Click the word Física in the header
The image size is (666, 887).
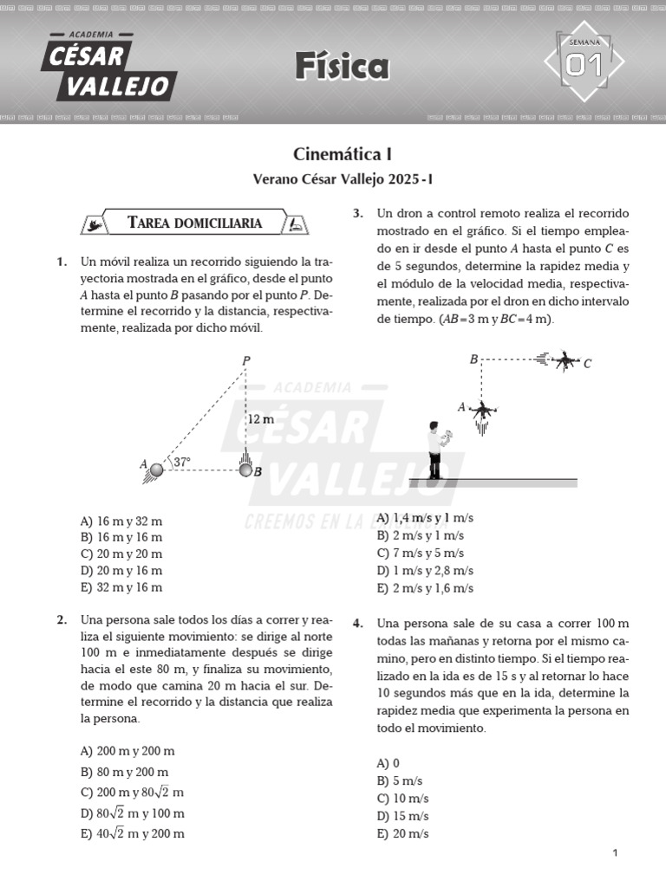coord(341,66)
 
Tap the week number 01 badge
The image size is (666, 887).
coord(584,64)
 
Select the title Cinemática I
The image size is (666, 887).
coord(343,154)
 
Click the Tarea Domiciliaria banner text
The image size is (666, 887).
coord(194,223)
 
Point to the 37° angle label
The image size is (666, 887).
coord(182,462)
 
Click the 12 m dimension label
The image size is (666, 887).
coord(261,419)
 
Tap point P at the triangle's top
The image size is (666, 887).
coord(246,360)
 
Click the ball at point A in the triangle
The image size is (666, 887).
coord(157,470)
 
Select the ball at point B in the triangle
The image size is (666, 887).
coord(245,470)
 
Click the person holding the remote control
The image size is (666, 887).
coord(434,450)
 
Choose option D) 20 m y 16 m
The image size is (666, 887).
coord(121,571)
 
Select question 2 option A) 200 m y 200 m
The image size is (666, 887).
coord(127,751)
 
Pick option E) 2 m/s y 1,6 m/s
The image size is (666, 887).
coord(425,588)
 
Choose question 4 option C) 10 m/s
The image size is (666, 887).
coord(402,799)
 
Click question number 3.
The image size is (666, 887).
coord(357,214)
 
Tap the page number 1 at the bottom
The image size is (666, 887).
coord(615,853)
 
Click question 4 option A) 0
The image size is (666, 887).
coord(388,763)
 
